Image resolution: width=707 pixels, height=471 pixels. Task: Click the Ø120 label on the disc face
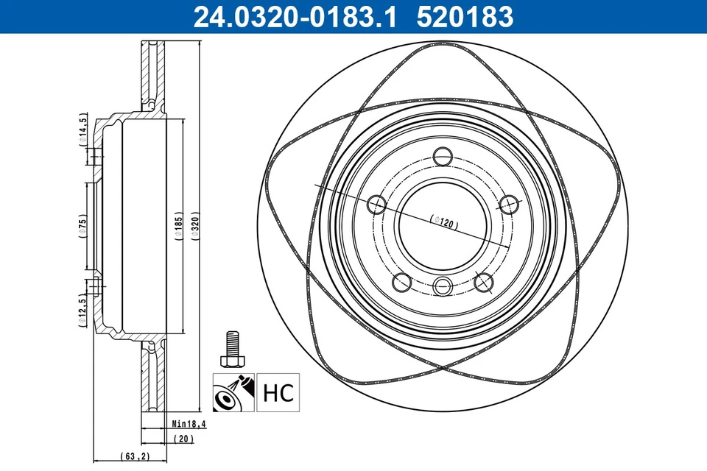point(443,223)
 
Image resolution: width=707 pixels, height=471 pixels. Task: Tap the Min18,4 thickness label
point(189,424)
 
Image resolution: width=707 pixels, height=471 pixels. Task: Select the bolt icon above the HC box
point(231,349)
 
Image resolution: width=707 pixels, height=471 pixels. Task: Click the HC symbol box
point(278,392)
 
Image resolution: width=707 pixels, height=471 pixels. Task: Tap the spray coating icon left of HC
point(233,392)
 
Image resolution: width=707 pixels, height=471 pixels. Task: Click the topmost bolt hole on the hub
point(443,156)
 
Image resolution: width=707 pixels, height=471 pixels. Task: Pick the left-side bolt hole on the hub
point(377,205)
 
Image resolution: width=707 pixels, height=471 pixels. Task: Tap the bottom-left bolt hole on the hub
point(402,281)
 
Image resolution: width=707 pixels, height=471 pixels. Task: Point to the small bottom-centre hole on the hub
point(443,286)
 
